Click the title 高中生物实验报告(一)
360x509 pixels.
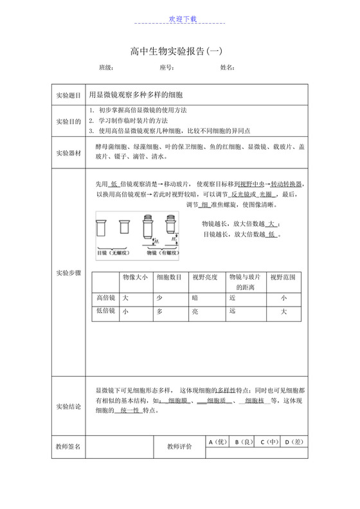(180, 51)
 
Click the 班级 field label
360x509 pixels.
(106, 67)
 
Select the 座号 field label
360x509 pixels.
(166, 67)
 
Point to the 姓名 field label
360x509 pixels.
(228, 67)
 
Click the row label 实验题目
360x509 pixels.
(69, 95)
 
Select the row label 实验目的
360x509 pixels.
(69, 121)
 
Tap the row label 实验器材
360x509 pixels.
(69, 152)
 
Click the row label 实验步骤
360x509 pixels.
(69, 273)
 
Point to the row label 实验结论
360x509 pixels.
(69, 406)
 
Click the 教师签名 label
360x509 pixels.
(69, 446)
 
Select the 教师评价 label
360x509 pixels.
(179, 446)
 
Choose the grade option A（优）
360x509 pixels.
(219, 442)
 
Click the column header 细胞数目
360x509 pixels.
(169, 278)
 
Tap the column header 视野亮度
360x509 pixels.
(205, 278)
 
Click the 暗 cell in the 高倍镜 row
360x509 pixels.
(195, 298)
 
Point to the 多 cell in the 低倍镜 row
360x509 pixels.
(160, 311)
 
